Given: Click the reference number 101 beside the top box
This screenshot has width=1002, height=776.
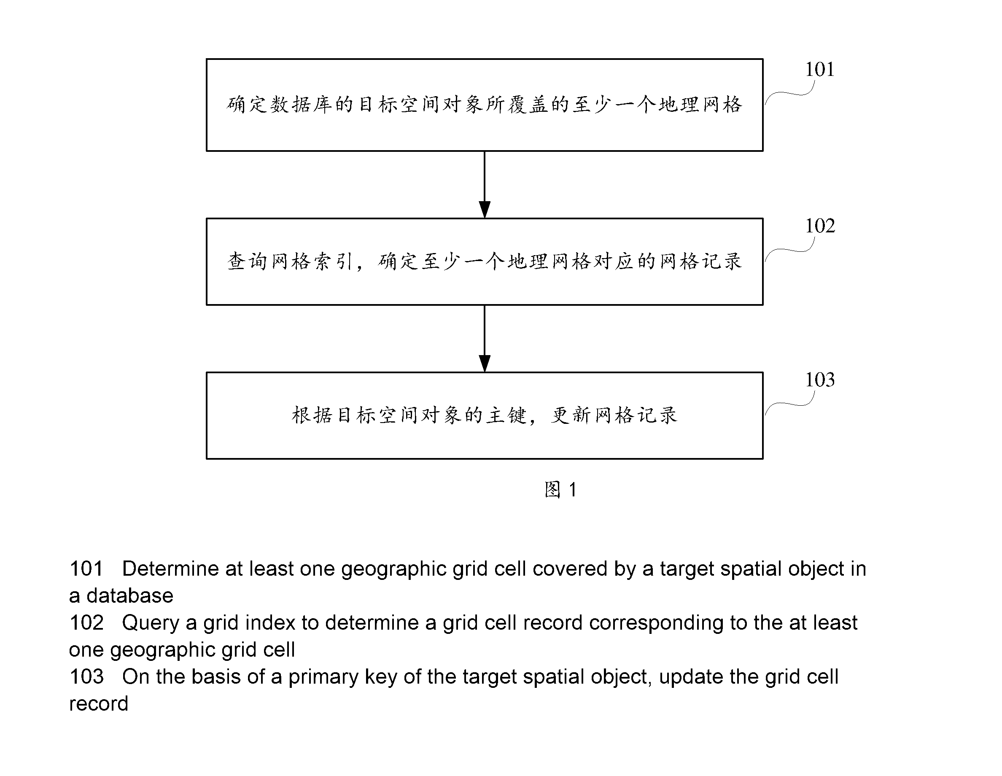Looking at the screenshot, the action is [x=819, y=69].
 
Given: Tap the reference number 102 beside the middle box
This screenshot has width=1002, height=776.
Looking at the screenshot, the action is [x=820, y=226].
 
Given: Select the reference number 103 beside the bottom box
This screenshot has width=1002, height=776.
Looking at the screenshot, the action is [x=820, y=380].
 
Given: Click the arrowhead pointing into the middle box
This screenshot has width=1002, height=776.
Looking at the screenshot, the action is [x=485, y=209].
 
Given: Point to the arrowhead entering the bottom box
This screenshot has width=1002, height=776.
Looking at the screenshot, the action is [x=485, y=364].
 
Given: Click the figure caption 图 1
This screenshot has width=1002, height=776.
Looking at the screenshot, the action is [x=560, y=490].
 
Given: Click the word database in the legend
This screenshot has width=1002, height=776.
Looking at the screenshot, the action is [x=130, y=595].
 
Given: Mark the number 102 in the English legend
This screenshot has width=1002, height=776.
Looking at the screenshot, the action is [x=86, y=623].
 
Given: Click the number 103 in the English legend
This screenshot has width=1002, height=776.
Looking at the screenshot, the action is [x=86, y=676].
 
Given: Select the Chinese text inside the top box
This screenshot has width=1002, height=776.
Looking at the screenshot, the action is [x=485, y=105].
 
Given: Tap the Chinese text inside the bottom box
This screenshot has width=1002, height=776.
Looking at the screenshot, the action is [x=485, y=415].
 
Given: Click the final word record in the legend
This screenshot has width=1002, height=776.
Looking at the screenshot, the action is [x=99, y=704].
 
